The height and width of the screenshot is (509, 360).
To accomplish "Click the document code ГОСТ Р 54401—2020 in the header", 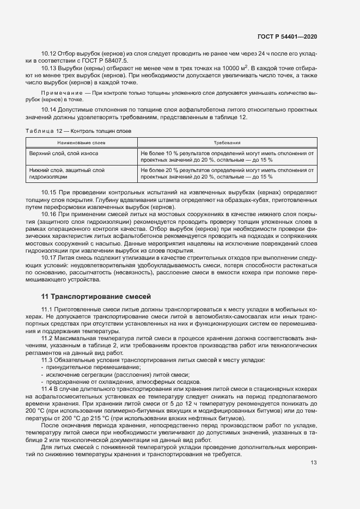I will click(x=286, y=36).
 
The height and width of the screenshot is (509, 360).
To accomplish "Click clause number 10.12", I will click(x=50, y=54).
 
